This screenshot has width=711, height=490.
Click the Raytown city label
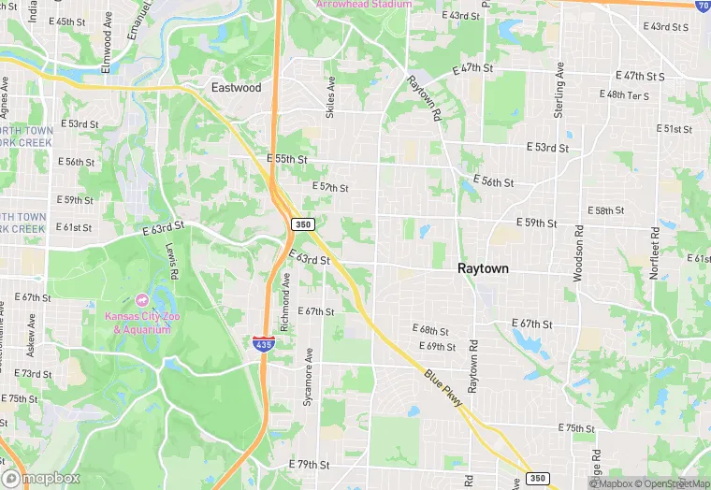pyautogui.click(x=483, y=268)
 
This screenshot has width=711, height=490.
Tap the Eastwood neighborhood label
pyautogui.click(x=236, y=88)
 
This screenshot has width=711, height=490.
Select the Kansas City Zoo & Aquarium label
pyautogui.click(x=142, y=324)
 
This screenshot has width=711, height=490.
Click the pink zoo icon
pyautogui.click(x=142, y=299)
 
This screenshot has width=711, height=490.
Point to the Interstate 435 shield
pyautogui.click(x=263, y=344)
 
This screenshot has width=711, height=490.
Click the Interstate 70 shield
pyautogui.click(x=703, y=5)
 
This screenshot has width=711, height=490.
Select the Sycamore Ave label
pyautogui.click(x=308, y=376)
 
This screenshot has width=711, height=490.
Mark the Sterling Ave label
pyautogui.click(x=559, y=90)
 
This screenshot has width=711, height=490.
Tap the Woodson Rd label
pyautogui.click(x=578, y=253)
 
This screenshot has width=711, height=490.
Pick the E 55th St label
pyautogui.click(x=286, y=160)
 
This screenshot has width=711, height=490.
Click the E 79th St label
pyautogui.click(x=310, y=465)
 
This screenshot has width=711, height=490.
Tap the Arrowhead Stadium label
pyautogui.click(x=363, y=5)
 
